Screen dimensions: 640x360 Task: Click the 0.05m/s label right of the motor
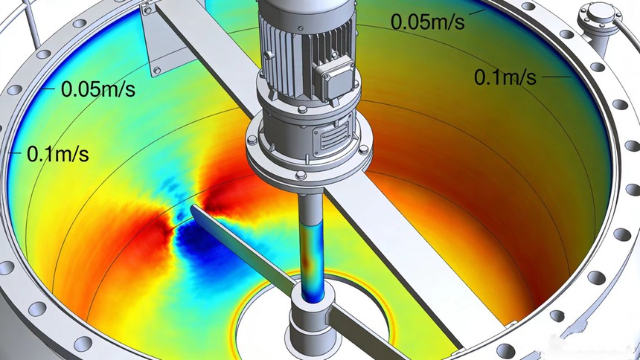[x=427, y=22]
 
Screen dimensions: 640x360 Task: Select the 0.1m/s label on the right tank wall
[x=505, y=77]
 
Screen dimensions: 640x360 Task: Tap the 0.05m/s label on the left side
[x=98, y=89]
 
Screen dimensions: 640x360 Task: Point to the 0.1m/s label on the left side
[x=58, y=154]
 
